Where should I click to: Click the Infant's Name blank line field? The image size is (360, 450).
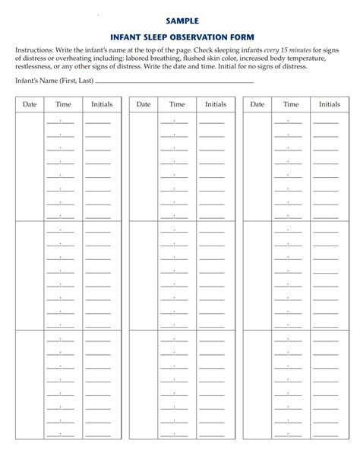[175, 80]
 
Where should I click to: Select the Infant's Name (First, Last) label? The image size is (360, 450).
[54, 80]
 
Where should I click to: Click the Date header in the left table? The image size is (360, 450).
[30, 104]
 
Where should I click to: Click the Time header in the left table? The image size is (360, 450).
[63, 104]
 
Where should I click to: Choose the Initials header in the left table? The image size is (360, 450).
[102, 104]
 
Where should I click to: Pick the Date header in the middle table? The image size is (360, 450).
[144, 104]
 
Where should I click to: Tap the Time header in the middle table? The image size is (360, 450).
[177, 104]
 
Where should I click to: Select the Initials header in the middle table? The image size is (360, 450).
[216, 104]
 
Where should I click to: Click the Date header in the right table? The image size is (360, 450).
[257, 104]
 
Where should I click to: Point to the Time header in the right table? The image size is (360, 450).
[291, 104]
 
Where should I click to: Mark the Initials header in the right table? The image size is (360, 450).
[330, 104]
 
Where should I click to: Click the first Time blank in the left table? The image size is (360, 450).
[60, 122]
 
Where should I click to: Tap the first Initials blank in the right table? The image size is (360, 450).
[326, 122]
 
